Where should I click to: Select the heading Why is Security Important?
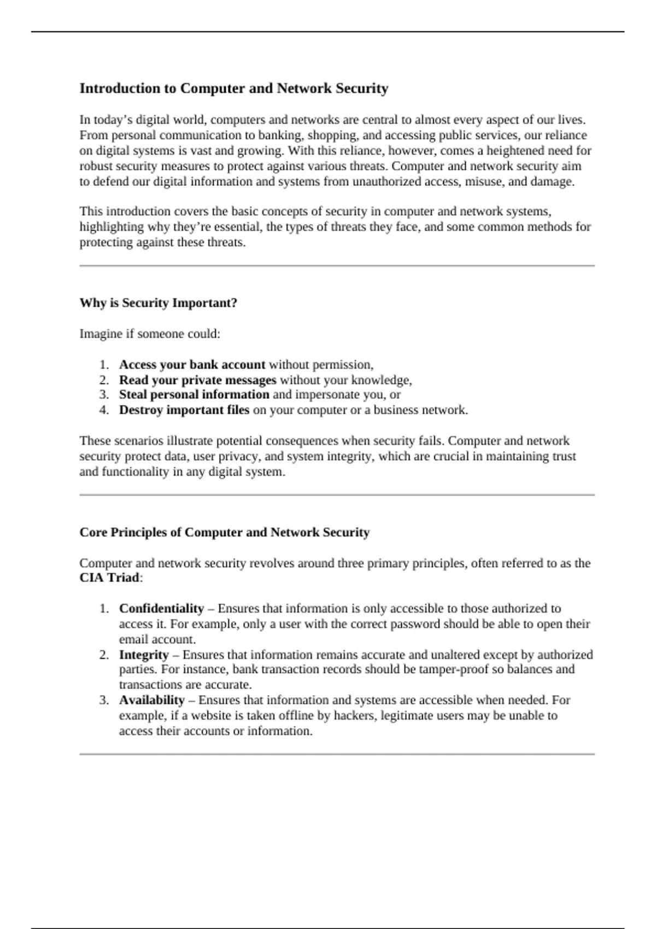pyautogui.click(x=158, y=303)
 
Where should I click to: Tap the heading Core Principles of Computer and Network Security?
pyautogui.click(x=224, y=532)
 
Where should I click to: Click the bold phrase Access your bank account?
pyautogui.click(x=192, y=364)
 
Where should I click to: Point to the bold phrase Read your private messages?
pyautogui.click(x=197, y=380)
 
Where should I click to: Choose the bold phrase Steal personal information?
pyautogui.click(x=194, y=395)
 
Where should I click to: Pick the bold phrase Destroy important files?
pyautogui.click(x=184, y=410)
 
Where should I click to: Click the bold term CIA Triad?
pyautogui.click(x=109, y=578)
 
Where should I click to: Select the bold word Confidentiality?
pyautogui.click(x=161, y=609)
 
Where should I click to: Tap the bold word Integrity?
pyautogui.click(x=143, y=655)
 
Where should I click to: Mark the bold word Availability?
pyautogui.click(x=151, y=700)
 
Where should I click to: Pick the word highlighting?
pyautogui.click(x=112, y=227)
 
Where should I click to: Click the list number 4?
pyautogui.click(x=104, y=410)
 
